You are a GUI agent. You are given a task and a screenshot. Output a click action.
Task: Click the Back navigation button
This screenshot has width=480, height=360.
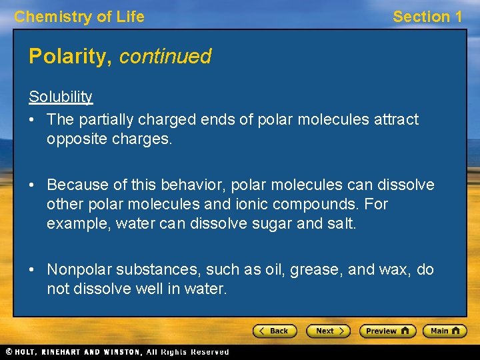tap(273, 331)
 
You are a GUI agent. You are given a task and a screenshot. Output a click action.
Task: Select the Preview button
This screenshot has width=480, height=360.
tap(387, 331)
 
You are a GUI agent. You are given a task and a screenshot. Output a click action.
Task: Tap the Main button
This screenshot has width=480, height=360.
tap(445, 331)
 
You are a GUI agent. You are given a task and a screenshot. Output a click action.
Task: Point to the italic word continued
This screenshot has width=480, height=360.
tap(165, 57)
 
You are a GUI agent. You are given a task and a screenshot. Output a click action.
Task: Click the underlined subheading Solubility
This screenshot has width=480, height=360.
tap(61, 97)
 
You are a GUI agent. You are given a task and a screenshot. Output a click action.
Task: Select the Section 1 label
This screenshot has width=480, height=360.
tap(427, 17)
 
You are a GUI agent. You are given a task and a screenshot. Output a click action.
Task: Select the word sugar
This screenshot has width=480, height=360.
tap(272, 223)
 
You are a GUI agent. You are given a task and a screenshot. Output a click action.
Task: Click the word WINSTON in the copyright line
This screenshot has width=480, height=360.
tap(121, 352)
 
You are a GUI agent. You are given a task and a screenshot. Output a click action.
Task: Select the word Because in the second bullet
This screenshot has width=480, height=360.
tap(75, 185)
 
